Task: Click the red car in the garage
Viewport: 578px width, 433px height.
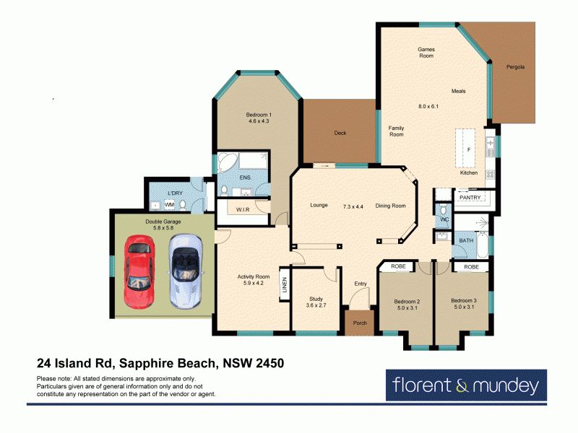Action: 139,271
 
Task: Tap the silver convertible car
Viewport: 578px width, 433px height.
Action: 186,271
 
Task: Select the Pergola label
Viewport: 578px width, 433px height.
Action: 515,67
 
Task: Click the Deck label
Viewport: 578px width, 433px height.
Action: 340,133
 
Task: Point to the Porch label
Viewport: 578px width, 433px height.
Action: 360,323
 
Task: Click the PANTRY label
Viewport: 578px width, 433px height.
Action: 470,197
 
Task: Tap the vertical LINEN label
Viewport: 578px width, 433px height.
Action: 284,285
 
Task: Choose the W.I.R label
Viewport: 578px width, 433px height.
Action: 243,209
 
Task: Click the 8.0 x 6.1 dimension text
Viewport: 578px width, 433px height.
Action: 428,106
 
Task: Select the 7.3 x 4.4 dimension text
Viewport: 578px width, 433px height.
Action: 353,206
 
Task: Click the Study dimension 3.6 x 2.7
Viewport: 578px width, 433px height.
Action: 316,305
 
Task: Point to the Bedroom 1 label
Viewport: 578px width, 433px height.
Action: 259,115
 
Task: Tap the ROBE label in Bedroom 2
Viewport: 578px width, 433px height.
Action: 398,266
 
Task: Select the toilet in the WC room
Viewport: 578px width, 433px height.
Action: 444,209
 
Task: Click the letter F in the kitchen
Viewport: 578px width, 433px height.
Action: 469,150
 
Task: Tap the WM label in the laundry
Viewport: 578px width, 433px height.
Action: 169,205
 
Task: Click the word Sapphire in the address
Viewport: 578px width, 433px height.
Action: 146,364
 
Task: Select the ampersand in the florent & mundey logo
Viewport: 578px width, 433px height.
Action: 462,386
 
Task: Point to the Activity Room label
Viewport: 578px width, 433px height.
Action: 254,276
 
